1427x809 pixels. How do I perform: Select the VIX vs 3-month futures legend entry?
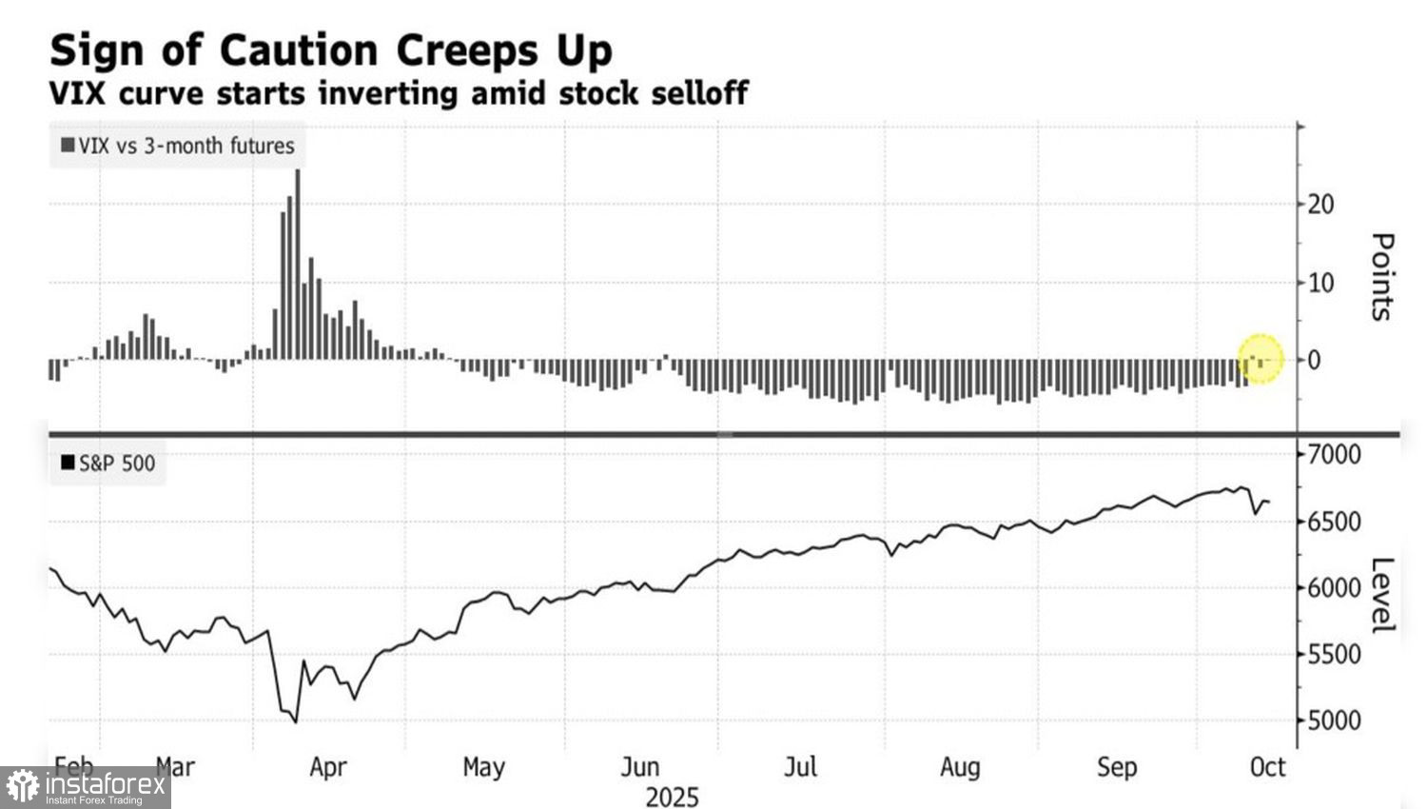pos(178,146)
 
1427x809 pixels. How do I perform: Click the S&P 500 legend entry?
pos(108,464)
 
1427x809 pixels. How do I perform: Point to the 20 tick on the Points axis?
pos(1320,204)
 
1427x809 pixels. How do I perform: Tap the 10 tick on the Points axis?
pos(1320,283)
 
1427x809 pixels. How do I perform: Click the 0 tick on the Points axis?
pos(1315,361)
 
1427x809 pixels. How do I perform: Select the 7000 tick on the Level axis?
pos(1334,454)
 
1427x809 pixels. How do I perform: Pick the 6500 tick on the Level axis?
pos(1334,522)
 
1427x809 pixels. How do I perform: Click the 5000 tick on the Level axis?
pos(1334,720)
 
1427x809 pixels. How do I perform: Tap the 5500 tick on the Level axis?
pos(1334,655)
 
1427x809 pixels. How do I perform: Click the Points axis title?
pos(1382,277)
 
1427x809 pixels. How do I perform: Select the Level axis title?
pos(1382,595)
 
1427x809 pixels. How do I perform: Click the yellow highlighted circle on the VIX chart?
pos(1261,359)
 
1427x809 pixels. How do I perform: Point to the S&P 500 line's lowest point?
pos(296,722)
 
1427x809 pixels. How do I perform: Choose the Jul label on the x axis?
pos(800,767)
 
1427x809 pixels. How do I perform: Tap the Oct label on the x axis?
pos(1267,767)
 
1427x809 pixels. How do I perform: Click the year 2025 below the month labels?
pos(672,798)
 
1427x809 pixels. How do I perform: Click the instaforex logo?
pos(86,787)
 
